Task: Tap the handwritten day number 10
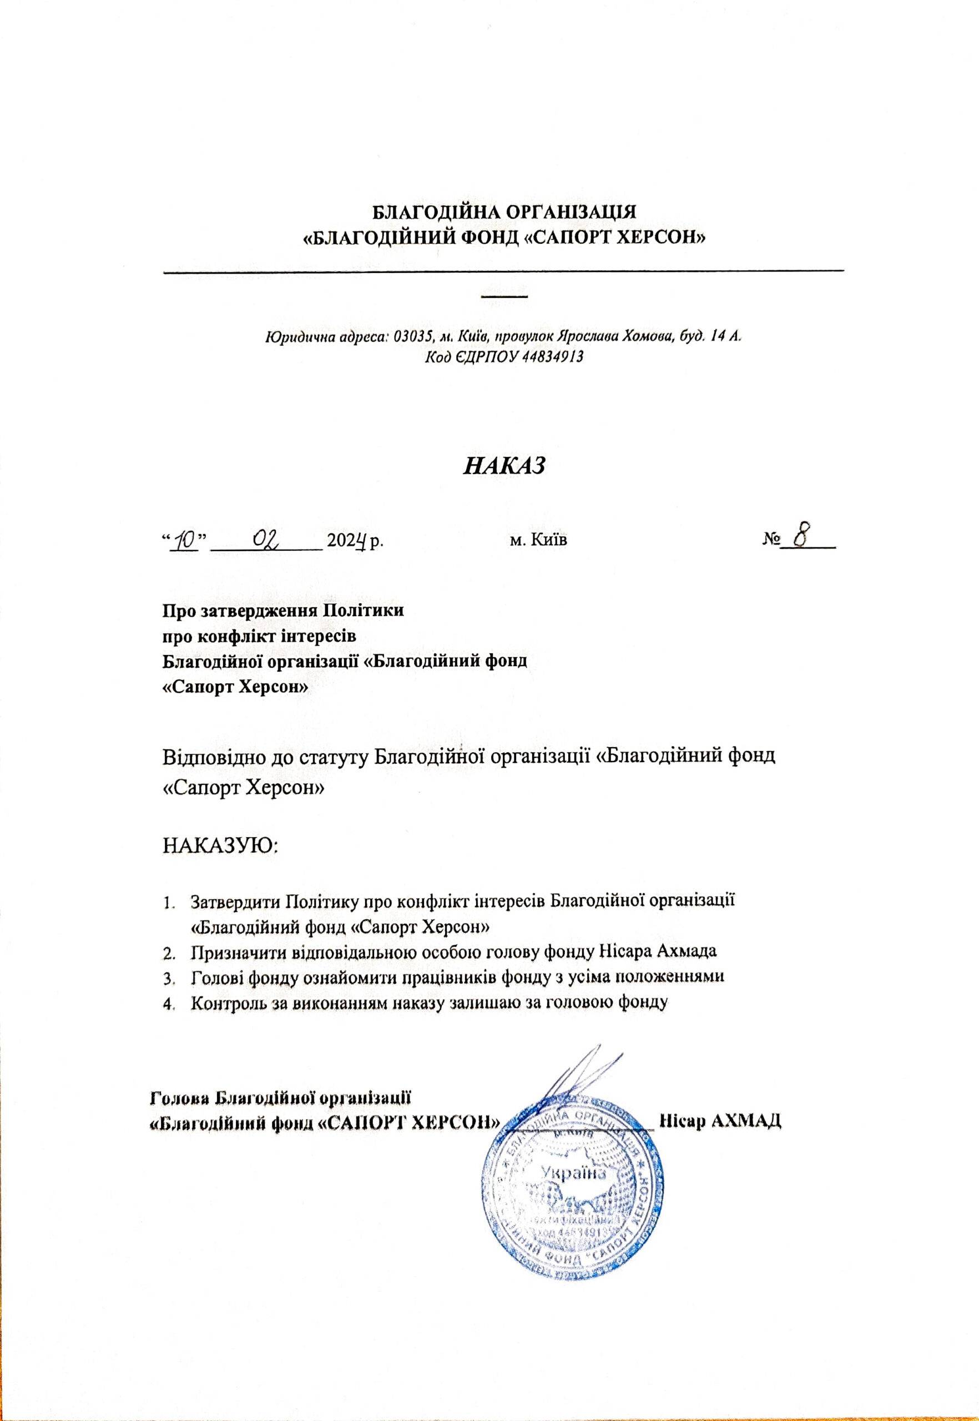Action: coord(184,540)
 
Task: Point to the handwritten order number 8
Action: coord(800,537)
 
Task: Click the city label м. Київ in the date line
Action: coord(538,541)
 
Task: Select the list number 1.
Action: coord(168,903)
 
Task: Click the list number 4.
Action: coord(168,1004)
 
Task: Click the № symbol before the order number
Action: coord(770,541)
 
